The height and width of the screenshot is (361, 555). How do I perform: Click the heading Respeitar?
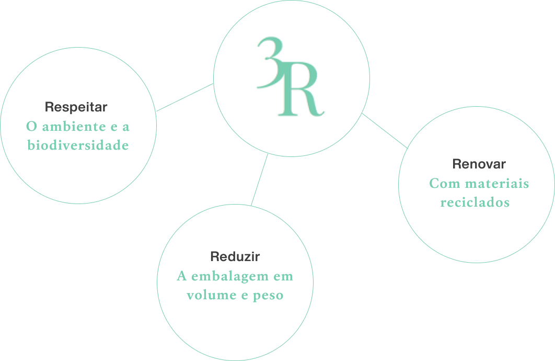76,107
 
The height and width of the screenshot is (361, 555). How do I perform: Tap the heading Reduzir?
235,256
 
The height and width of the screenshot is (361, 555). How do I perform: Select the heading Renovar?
479,164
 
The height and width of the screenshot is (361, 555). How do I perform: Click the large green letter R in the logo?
301,89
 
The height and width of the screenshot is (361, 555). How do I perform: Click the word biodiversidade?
78,145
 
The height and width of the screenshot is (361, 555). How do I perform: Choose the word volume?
211,295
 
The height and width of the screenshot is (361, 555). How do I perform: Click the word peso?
268,296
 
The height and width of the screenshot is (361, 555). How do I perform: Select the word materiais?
496,184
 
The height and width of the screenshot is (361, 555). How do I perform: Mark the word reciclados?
475,202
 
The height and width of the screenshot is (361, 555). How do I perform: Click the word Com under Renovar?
444,184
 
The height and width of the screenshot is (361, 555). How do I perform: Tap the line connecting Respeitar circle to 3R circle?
185,97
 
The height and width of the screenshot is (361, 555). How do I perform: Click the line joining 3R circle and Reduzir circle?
259,179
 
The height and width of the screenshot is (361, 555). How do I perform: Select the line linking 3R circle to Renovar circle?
385,131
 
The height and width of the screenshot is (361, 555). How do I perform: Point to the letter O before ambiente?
31,127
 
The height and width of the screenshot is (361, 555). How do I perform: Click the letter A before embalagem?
181,276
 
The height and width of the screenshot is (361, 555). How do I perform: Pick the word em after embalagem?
283,277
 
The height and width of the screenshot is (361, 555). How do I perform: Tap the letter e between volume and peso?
245,296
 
